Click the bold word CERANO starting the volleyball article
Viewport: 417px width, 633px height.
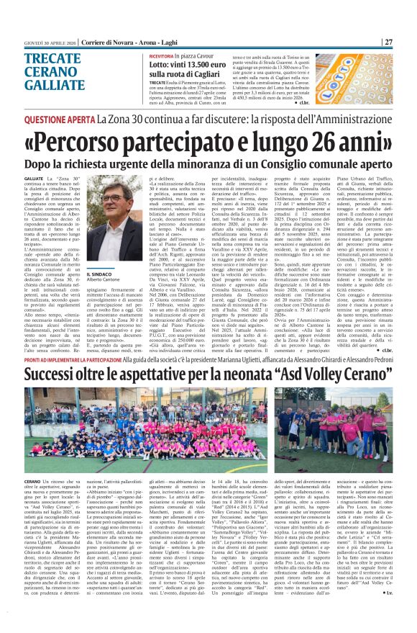pos(34,480)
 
